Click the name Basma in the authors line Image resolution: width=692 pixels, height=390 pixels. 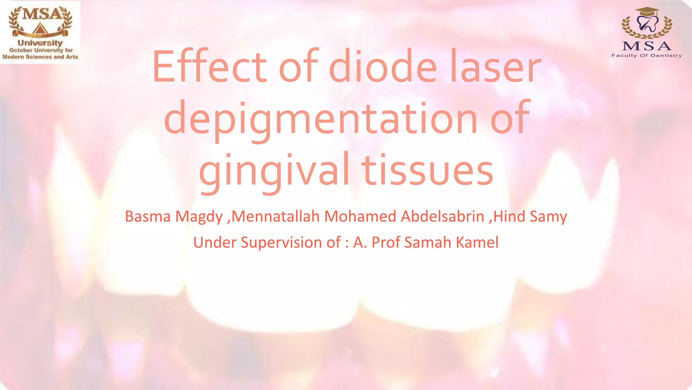pos(148,216)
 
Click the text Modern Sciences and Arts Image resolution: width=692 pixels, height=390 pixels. pos(40,57)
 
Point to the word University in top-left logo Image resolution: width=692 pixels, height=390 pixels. pos(40,43)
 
